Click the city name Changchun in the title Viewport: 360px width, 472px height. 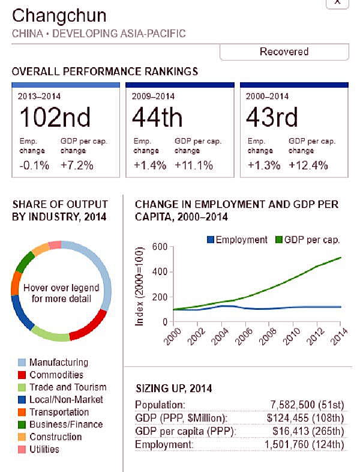(59, 15)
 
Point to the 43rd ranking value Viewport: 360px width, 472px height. (272, 116)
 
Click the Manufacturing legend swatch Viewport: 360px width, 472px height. (22, 363)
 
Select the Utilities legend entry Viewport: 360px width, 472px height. (44, 449)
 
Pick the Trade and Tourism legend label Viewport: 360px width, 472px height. (68, 387)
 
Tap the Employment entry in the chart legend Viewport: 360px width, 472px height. (237, 240)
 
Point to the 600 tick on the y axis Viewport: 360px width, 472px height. (159, 247)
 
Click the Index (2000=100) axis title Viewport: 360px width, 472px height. (140, 286)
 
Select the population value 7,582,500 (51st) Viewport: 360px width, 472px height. (304, 405)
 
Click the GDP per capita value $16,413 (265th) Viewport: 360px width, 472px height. (307, 431)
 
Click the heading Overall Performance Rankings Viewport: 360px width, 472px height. (105, 71)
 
